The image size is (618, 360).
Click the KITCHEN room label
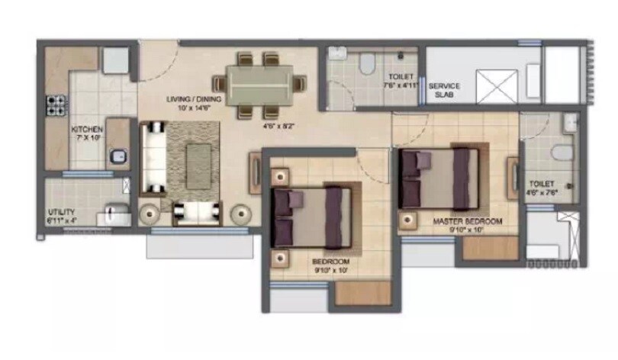[x=87, y=130]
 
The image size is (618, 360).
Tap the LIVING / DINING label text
[x=189, y=99]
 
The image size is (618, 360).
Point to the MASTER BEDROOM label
[x=468, y=221]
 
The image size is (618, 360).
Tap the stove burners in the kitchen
[x=55, y=105]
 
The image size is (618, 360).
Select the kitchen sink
[x=117, y=157]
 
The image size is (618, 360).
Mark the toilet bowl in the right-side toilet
[x=562, y=153]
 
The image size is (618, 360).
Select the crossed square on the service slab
[x=497, y=86]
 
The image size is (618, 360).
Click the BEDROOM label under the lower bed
[x=330, y=261]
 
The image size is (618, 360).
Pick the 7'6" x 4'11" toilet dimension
[x=401, y=85]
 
